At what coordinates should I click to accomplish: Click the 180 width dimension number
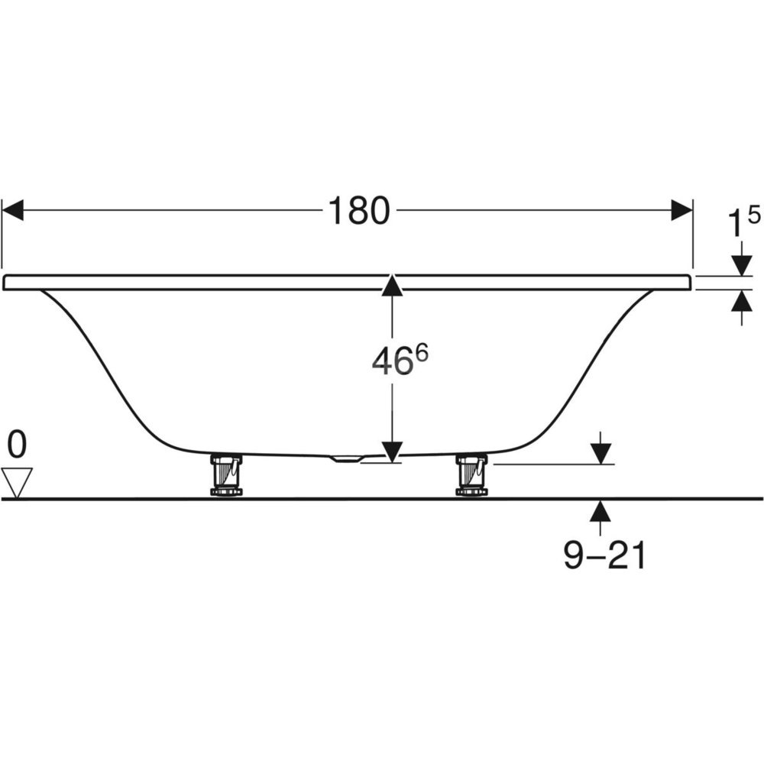point(359,211)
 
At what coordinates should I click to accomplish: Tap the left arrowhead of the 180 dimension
point(13,210)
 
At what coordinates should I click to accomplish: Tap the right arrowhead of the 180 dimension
point(681,210)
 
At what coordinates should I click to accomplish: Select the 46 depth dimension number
point(390,362)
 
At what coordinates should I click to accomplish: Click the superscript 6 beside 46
point(422,352)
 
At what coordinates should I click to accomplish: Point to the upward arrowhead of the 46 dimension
point(392,285)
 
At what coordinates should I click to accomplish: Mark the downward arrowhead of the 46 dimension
point(392,452)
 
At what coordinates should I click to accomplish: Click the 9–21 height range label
point(604,555)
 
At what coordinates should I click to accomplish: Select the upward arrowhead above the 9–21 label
point(602,511)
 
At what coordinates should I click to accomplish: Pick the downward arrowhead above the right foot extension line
point(602,454)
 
